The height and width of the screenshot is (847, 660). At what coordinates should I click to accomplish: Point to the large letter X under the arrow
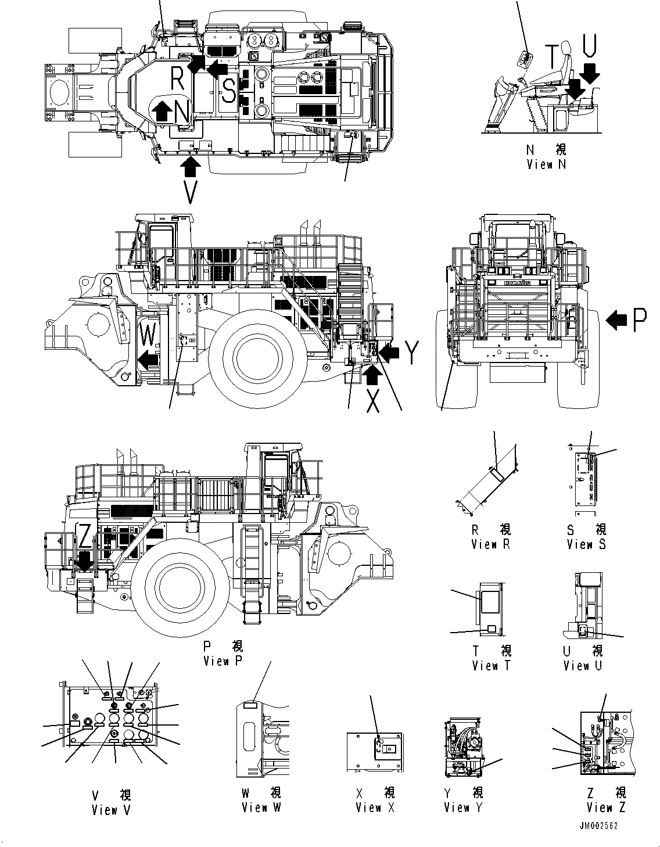[x=373, y=401]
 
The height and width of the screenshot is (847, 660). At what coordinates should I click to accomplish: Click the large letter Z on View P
[x=85, y=537]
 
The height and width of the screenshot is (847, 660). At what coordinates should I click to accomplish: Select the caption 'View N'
[x=546, y=164]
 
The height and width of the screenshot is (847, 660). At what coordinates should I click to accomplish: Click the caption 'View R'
[x=492, y=544]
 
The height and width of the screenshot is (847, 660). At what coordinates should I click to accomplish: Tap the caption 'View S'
[x=587, y=544]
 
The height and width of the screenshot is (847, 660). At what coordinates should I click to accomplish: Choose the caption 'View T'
[x=492, y=665]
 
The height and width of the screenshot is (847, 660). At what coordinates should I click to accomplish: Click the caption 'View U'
[x=583, y=665]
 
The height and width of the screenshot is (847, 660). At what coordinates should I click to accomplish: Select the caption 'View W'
[x=262, y=807]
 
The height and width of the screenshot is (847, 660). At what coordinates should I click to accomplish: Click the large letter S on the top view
[x=229, y=91]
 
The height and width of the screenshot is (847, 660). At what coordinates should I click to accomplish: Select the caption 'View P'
[x=223, y=661]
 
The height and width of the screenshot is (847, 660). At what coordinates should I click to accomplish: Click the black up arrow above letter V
[x=191, y=166]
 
